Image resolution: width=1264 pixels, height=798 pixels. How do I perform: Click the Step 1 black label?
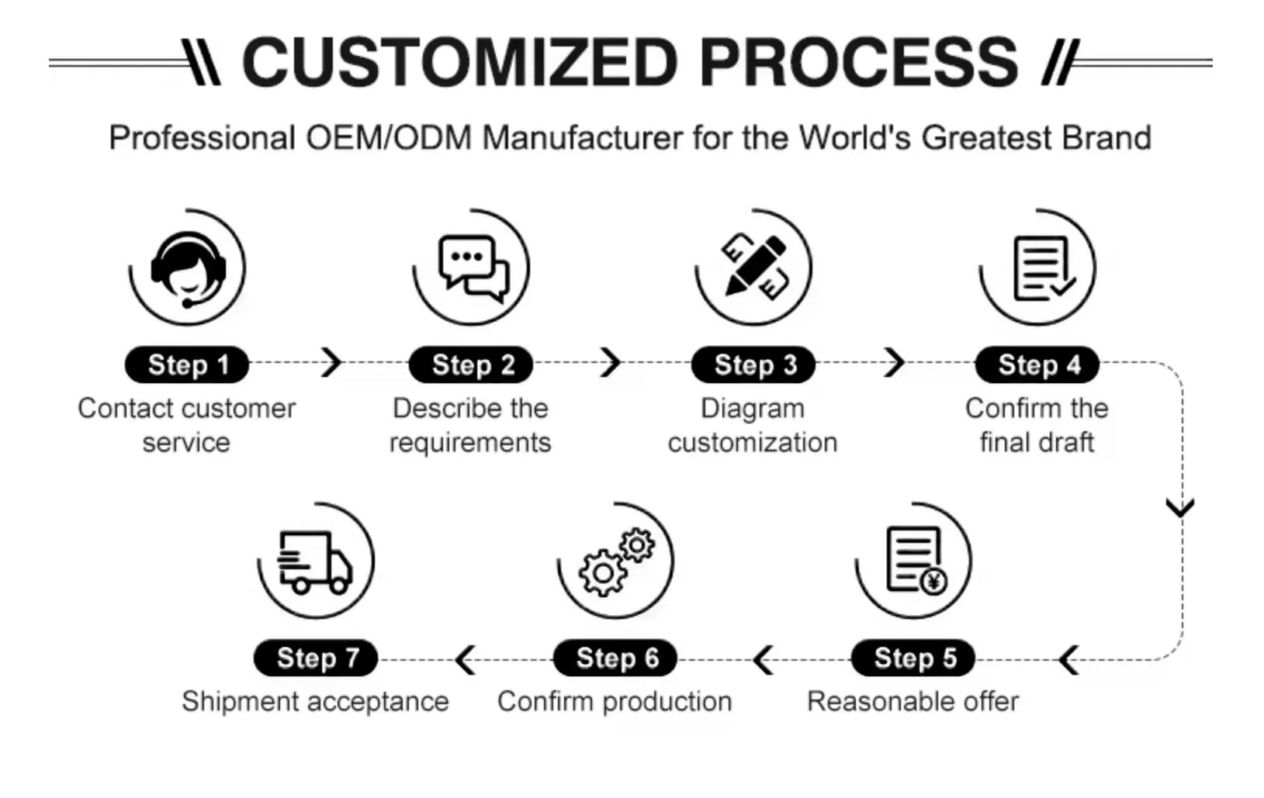187,364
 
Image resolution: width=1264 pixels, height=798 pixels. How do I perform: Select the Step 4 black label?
1037,364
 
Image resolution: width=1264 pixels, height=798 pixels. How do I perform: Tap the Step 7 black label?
316,658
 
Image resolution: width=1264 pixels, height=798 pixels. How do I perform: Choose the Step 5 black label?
913,658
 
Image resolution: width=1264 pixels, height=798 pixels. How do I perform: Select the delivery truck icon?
314,561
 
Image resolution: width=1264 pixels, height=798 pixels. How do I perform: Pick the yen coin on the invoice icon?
933,579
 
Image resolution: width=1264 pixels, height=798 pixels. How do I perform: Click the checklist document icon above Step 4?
1041,268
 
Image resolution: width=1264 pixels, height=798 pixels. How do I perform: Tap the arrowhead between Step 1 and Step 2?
332,362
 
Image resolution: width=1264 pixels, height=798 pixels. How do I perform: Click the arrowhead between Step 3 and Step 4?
895,362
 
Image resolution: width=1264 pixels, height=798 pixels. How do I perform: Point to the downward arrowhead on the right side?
1180,508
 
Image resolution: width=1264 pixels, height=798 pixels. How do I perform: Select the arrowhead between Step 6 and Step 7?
466,660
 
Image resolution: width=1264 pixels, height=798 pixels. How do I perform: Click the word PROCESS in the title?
858,62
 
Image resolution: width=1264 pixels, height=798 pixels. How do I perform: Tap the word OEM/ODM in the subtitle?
388,138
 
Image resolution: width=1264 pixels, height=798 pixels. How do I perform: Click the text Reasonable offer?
913,701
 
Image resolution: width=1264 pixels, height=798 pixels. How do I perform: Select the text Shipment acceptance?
315,701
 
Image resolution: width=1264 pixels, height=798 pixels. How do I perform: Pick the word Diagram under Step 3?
752,408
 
